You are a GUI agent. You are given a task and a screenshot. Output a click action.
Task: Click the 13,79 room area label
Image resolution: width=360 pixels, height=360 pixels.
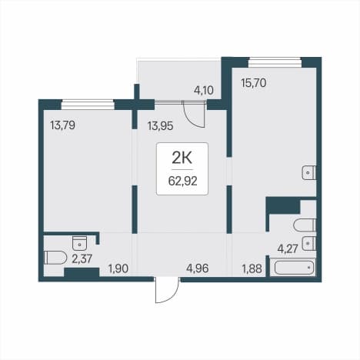pyautogui.click(x=63, y=125)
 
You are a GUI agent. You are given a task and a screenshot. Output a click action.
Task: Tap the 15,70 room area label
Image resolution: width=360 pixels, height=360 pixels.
pyautogui.click(x=254, y=83)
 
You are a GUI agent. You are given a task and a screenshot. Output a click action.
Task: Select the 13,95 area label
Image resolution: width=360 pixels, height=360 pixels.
pyautogui.click(x=160, y=126)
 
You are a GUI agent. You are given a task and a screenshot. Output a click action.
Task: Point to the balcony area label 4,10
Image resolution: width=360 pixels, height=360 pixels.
pyautogui.click(x=204, y=91)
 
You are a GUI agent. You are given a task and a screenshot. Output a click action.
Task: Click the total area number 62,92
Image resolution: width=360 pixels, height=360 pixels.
pyautogui.click(x=182, y=182)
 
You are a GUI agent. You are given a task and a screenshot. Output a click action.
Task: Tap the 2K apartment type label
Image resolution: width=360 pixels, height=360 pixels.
pyautogui.click(x=182, y=158)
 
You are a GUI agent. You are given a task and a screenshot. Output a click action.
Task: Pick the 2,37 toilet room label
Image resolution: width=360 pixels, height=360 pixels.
pyautogui.click(x=82, y=259)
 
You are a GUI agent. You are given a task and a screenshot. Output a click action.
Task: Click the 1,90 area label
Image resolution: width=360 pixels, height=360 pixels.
pyautogui.click(x=118, y=269)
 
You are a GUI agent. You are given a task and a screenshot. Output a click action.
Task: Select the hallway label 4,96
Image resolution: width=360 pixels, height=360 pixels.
pyautogui.click(x=198, y=268)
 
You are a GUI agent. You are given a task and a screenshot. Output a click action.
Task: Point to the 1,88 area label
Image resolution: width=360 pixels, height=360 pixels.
pyautogui.click(x=252, y=269)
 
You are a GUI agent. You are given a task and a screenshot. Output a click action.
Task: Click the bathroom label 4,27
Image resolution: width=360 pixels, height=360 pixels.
pyautogui.click(x=288, y=249)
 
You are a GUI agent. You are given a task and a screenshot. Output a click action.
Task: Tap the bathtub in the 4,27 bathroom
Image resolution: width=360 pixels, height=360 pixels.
pyautogui.click(x=295, y=268)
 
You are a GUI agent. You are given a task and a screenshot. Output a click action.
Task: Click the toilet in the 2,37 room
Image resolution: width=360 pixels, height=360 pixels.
pyautogui.click(x=55, y=258)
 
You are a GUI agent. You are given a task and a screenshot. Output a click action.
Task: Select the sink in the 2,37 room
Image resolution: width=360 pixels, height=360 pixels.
pyautogui.click(x=80, y=243)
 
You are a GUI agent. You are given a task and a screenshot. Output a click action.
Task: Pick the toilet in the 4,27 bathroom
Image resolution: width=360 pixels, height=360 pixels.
pyautogui.click(x=305, y=225)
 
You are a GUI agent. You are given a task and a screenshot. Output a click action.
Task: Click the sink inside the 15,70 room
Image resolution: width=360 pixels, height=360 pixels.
pyautogui.click(x=309, y=173)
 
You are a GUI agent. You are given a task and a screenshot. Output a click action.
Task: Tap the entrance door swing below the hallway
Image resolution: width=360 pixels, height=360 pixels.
pyautogui.click(x=167, y=290)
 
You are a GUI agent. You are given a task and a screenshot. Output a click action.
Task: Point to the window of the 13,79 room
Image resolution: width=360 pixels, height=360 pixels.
pyautogui.click(x=88, y=105)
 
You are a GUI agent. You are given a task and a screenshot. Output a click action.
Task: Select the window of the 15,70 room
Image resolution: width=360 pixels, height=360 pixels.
pyautogui.click(x=275, y=62)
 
